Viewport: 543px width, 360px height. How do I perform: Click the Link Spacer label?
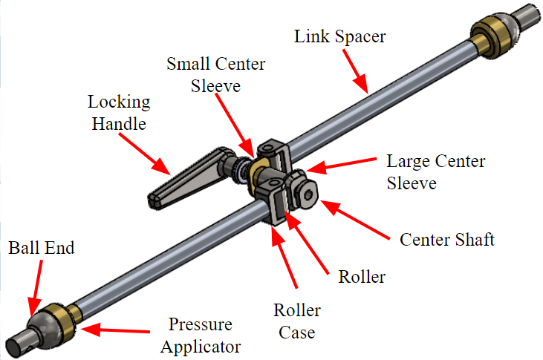(339, 36)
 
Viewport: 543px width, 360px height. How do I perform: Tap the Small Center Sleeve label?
(215, 75)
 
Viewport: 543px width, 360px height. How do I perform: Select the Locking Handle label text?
(119, 113)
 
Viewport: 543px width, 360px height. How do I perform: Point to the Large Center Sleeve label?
(436, 172)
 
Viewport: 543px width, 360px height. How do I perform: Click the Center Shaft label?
(447, 240)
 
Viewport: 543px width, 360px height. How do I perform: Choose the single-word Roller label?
(362, 277)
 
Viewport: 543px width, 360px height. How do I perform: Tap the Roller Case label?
(297, 321)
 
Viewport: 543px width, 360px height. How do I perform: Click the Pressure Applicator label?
(201, 336)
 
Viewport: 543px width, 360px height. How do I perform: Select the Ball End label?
(41, 248)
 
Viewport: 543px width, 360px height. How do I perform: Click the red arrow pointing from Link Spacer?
(355, 71)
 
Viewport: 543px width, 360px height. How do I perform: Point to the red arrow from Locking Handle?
(145, 154)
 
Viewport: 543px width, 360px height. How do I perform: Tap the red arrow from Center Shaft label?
(355, 220)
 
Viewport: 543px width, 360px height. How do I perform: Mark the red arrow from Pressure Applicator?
(115, 330)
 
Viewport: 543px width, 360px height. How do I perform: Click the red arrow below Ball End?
(36, 288)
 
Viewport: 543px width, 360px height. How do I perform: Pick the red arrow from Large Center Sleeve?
(341, 165)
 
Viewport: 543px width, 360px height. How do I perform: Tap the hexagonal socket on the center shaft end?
(308, 195)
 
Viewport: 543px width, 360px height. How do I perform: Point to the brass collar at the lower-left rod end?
(64, 321)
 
